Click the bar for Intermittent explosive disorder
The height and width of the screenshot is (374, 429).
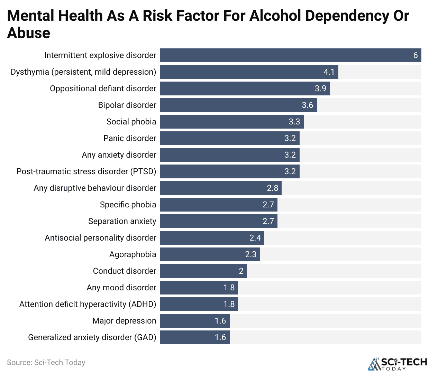coord(290,55)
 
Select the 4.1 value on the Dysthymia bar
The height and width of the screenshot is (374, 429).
coord(329,72)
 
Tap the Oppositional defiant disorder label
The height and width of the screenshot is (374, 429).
coord(103,88)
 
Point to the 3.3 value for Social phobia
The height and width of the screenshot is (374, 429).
coord(294,122)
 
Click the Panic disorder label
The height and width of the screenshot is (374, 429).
coord(130,138)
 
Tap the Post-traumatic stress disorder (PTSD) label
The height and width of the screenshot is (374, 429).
coord(86,171)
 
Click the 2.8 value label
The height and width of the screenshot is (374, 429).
coord(273,188)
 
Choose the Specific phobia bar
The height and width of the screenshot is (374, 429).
coord(218,205)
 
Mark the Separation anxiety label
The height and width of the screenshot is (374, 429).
coord(122,221)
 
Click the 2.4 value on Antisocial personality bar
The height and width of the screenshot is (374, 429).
coord(255,238)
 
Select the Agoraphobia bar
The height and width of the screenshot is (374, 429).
coord(210,254)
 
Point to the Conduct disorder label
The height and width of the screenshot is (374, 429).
coord(125,271)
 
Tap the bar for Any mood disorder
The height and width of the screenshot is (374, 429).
coord(199,288)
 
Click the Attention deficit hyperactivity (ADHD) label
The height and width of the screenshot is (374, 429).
coord(88,304)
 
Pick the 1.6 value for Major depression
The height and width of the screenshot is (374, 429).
coord(220,321)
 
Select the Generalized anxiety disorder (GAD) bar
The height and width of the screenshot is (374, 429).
coord(194,337)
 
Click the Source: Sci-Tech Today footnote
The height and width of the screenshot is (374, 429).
coord(46,362)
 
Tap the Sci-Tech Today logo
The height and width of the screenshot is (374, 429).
coord(398,363)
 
